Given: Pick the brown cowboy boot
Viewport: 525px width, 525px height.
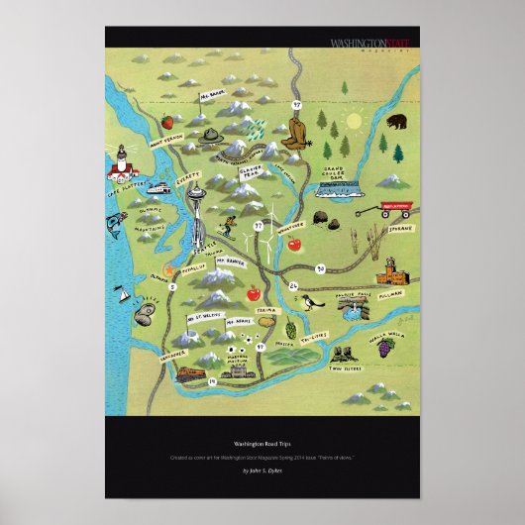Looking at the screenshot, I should pos(296,135).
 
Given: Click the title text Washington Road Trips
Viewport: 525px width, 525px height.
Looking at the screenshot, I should pos(262,445).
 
